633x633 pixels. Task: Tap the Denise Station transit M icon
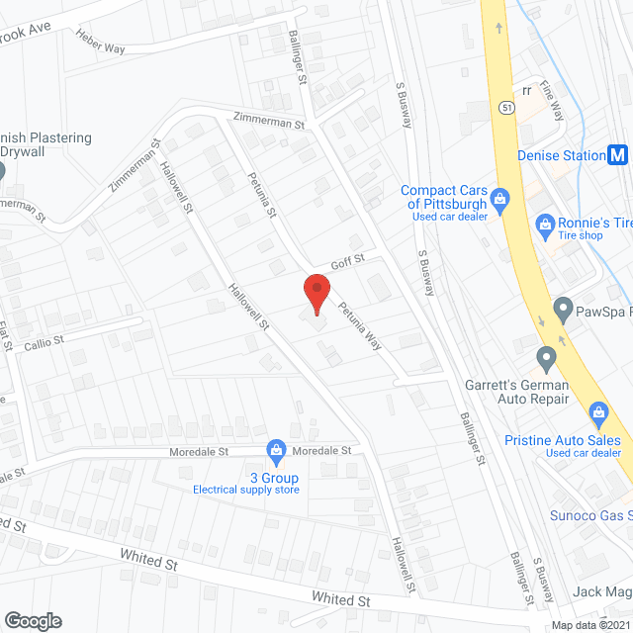point(618,154)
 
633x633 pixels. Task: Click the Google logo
point(32,620)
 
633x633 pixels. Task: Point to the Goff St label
point(348,259)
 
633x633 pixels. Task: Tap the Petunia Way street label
point(362,326)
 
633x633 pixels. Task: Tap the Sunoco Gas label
point(591,514)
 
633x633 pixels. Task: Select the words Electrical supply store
point(245,490)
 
